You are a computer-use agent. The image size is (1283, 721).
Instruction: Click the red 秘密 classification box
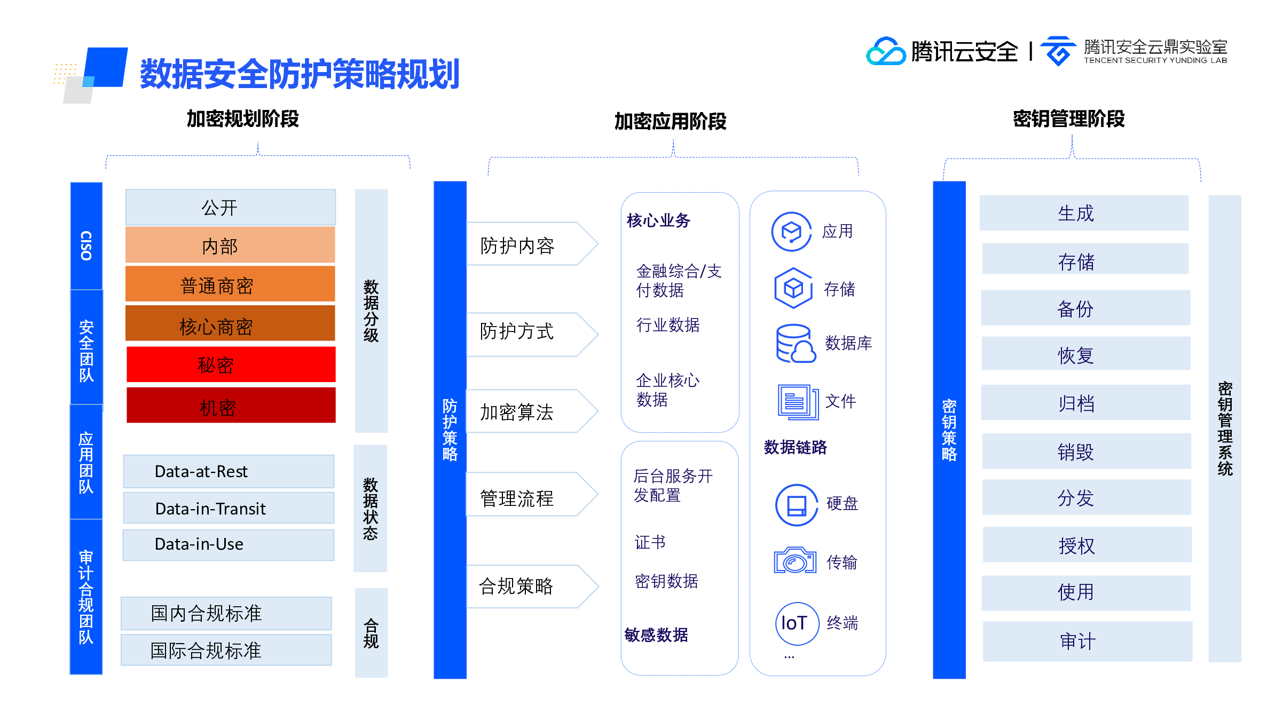point(231,365)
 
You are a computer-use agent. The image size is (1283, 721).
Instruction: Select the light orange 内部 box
point(230,245)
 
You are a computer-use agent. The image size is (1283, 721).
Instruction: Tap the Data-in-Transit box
point(229,508)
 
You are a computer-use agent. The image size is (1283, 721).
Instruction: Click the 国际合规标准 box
point(226,650)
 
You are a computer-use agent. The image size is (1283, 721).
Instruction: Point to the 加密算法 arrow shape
point(532,411)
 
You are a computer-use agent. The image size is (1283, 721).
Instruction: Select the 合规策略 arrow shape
point(532,586)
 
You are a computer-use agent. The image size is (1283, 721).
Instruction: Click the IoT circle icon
point(797,623)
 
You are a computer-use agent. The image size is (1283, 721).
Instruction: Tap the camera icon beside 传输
point(795,560)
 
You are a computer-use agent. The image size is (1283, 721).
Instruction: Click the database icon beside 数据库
point(796,343)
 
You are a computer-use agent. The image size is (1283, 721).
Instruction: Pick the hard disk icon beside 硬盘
point(797,505)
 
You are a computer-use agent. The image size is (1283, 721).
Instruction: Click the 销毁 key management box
point(1086,451)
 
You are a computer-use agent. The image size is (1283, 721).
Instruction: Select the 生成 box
point(1084,213)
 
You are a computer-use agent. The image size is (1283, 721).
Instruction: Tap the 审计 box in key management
point(1088,641)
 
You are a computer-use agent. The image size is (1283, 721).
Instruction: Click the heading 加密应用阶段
point(670,121)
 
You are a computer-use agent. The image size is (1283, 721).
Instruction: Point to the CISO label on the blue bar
point(86,245)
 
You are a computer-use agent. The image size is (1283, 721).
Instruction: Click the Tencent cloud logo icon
point(885,51)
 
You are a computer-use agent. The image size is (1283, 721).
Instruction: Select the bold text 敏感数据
point(656,635)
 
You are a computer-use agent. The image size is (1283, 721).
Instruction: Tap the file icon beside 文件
point(798,401)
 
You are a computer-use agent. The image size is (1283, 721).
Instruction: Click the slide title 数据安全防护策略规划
point(300,74)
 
